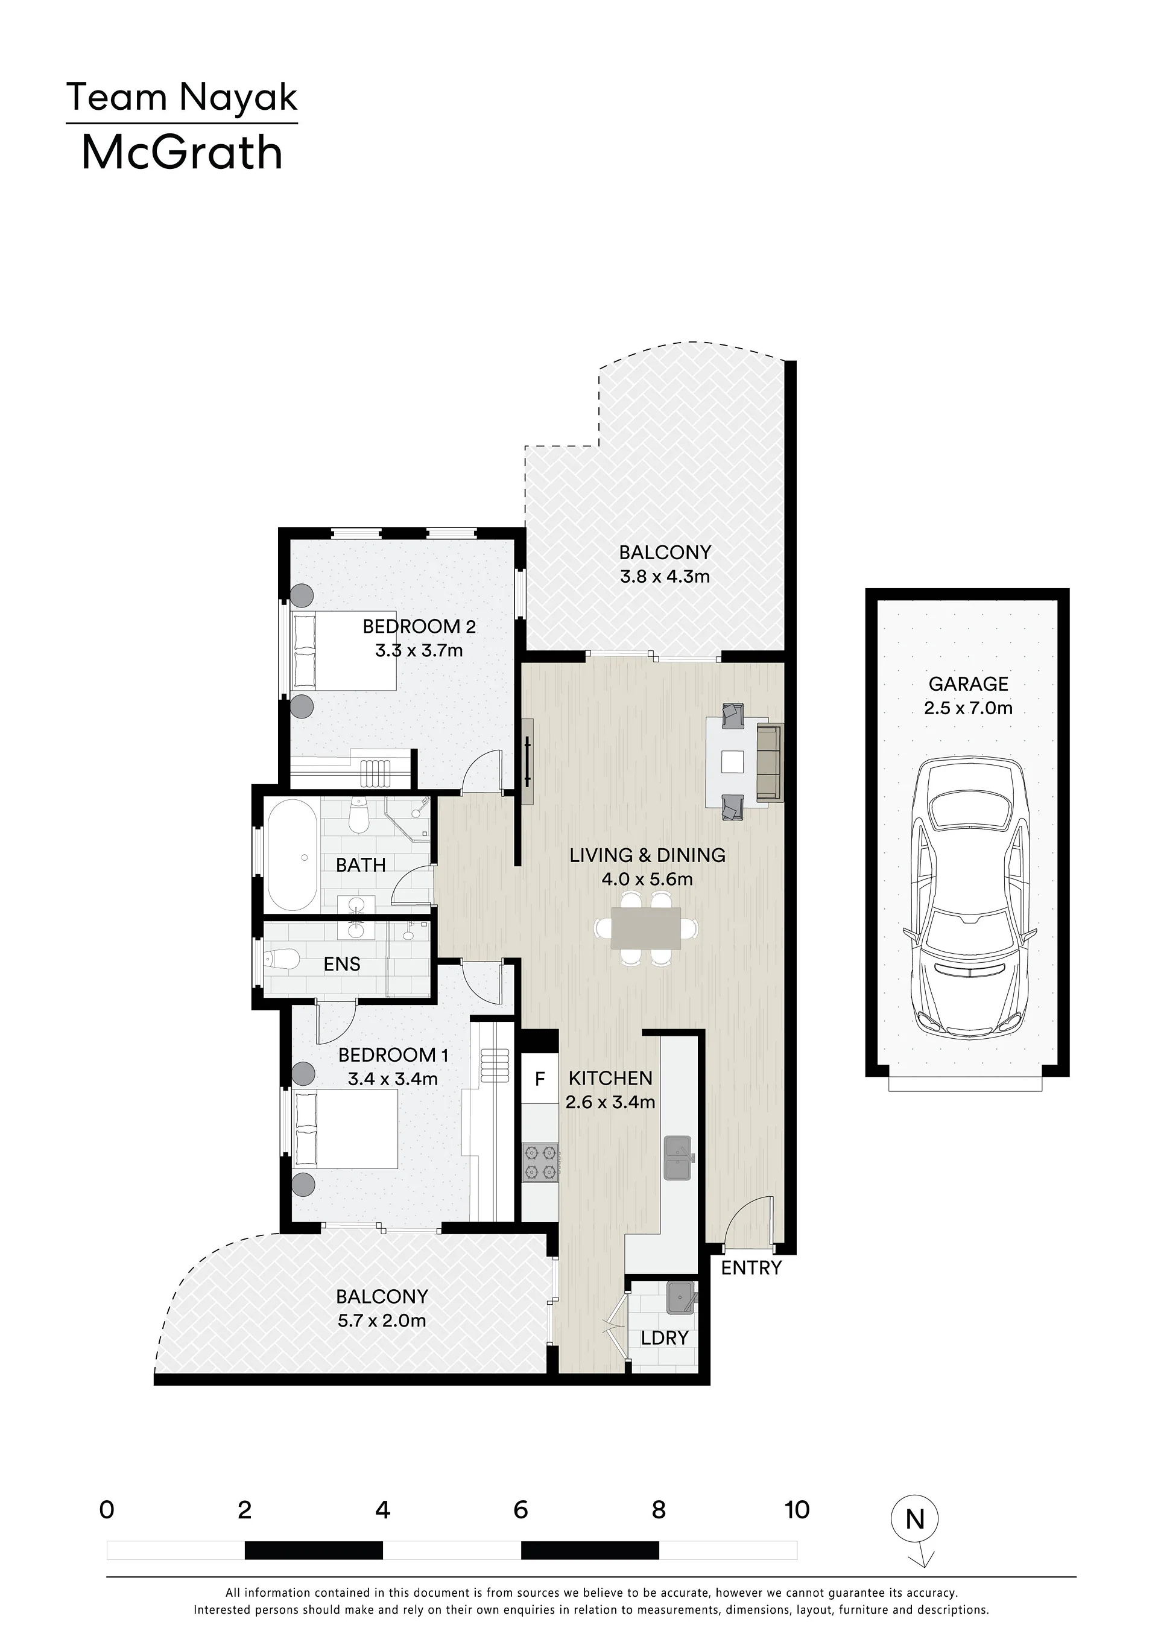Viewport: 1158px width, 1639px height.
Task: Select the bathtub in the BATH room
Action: tap(292, 854)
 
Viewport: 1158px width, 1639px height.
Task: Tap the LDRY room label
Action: tap(664, 1338)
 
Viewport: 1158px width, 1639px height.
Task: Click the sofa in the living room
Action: tap(770, 762)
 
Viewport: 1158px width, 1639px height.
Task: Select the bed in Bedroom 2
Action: tap(343, 650)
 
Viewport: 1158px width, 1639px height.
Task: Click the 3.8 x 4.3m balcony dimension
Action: tap(665, 576)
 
